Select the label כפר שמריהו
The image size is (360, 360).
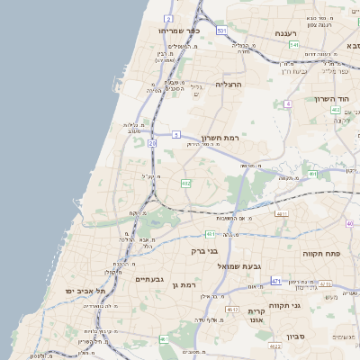click(x=179, y=30)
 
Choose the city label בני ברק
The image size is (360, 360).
click(x=205, y=251)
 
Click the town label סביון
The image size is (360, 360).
click(x=298, y=337)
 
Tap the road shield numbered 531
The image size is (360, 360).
click(x=221, y=31)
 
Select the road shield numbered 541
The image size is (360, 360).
click(x=293, y=44)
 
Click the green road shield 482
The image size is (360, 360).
click(x=185, y=183)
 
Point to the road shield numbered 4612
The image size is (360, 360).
click(x=232, y=310)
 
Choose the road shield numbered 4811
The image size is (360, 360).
click(x=282, y=213)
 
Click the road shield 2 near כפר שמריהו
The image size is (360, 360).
click(x=168, y=18)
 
